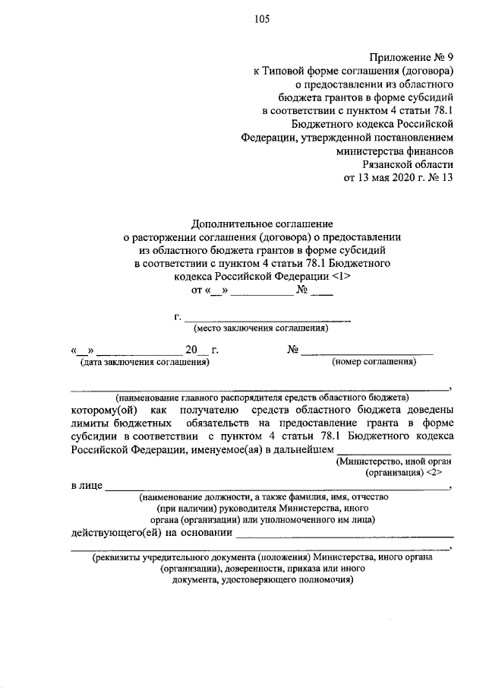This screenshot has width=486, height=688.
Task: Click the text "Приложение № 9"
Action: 411,57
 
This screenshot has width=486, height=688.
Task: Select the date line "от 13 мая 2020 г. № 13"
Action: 399,179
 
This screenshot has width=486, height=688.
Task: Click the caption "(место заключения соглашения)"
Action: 261,329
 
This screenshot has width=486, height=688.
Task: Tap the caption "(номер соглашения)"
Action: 374,363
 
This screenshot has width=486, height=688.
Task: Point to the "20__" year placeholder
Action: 195,350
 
